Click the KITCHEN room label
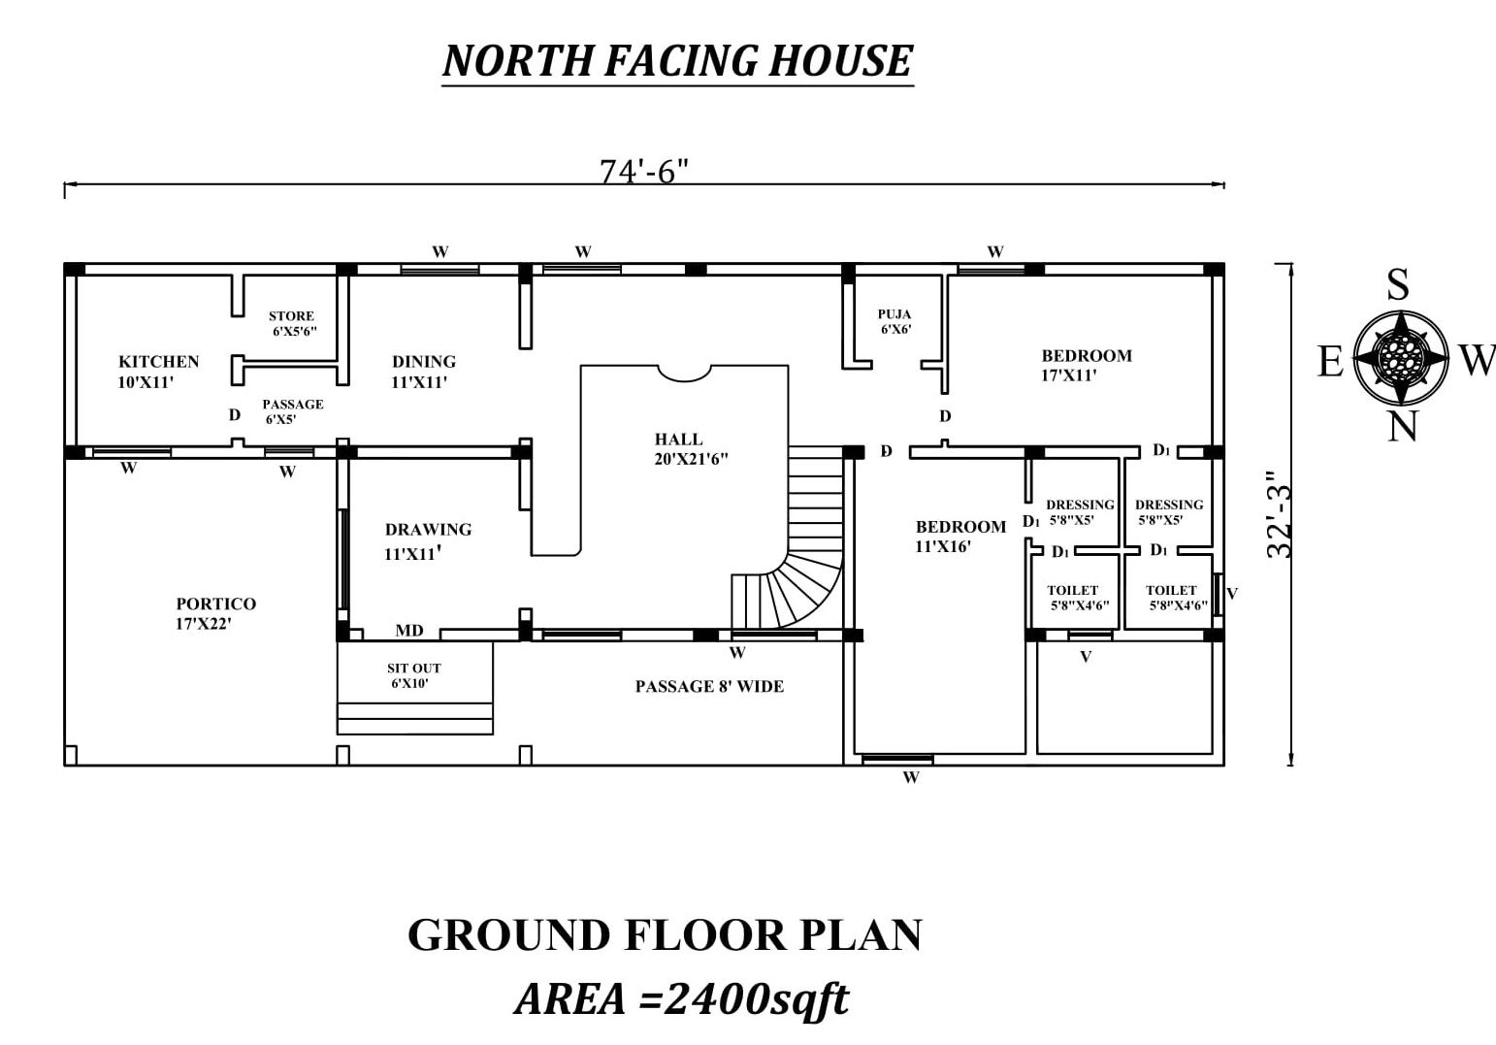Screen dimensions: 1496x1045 pos(159,372)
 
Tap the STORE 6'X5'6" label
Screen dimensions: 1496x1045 pos(293,323)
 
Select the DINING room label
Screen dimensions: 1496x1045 pos(423,372)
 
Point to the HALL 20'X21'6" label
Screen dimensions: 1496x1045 pos(691,448)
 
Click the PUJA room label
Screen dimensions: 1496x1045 pos(894,321)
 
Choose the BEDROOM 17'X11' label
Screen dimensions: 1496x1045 pos(1087,365)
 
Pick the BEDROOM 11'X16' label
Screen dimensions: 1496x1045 pos(960,537)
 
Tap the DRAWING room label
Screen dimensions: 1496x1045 pos(428,540)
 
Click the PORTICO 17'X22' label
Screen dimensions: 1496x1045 pos(215,613)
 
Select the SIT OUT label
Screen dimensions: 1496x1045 pos(413,675)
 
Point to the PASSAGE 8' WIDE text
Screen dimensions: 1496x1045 pos(709,686)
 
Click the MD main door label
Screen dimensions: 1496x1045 pos(408,631)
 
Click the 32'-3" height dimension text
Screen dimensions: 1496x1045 pos(1279,514)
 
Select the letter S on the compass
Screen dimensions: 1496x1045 pos(1398,284)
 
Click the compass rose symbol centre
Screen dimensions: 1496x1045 pos(1401,358)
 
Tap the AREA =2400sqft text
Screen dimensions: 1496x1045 pos(681,999)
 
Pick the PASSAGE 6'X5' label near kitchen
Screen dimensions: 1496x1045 pos(293,411)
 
